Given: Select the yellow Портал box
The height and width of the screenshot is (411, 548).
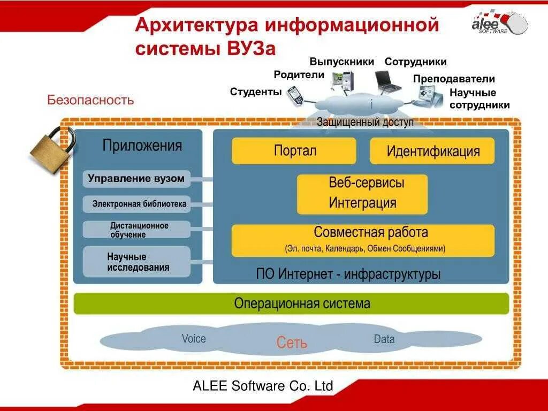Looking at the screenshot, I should [x=294, y=150].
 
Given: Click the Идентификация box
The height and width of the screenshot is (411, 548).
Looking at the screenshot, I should [x=432, y=151].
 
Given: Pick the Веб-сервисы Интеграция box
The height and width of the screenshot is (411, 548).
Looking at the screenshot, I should [x=362, y=193].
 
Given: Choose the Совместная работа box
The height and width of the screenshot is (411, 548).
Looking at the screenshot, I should [x=363, y=240].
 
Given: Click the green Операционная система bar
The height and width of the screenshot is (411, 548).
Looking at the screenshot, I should [x=291, y=303].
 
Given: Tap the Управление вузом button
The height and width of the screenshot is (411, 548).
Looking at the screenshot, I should [x=136, y=179].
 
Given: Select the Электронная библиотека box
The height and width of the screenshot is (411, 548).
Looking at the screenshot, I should [x=136, y=204].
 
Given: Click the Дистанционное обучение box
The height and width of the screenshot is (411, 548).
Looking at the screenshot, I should [x=136, y=230].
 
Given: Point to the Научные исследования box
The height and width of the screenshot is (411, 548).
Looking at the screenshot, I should [x=136, y=262].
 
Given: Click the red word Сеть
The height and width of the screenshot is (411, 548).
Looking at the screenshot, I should [x=292, y=342].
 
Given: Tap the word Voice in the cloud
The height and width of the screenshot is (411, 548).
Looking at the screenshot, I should [x=193, y=339].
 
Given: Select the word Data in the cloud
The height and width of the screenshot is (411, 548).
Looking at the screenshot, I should [x=384, y=339].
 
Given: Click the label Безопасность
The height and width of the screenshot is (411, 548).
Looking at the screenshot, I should [x=90, y=100].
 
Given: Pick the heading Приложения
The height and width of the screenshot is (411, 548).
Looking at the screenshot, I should [x=142, y=146].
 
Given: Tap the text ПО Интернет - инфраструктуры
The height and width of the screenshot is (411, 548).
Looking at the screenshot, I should [x=348, y=275].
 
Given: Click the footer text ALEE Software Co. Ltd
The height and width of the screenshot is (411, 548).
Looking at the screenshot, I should [x=263, y=386].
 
